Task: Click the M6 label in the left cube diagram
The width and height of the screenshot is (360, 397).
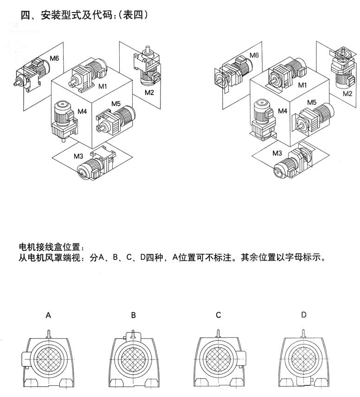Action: (x=55, y=58)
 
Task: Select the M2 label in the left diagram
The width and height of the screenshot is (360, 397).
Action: (x=149, y=92)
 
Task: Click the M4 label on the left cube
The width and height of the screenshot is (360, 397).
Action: (x=83, y=111)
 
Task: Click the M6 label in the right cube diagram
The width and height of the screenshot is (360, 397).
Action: (x=254, y=56)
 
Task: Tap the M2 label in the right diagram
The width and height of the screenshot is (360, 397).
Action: (x=347, y=93)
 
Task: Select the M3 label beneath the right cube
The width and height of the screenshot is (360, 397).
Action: (x=277, y=153)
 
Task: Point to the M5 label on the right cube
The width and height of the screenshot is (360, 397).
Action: (x=311, y=102)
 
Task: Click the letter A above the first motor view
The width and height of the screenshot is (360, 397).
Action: (x=48, y=315)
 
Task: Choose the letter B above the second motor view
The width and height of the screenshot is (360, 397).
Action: (x=133, y=315)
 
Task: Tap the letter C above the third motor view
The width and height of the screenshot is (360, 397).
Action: (x=219, y=315)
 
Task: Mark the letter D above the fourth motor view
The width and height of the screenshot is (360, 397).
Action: (x=304, y=315)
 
